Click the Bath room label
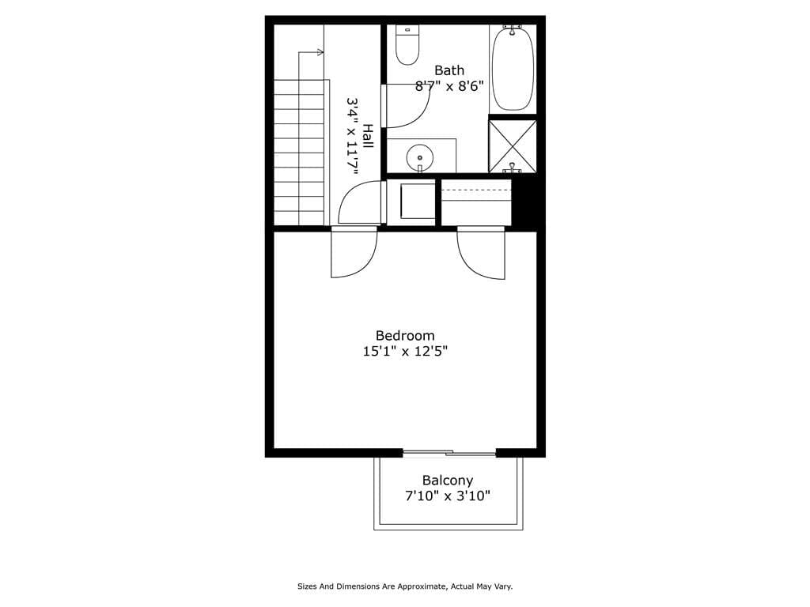[449, 70]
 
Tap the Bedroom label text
[405, 335]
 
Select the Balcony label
[448, 480]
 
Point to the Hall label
[368, 135]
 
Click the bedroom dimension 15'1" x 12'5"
[405, 352]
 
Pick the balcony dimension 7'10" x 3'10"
[448, 496]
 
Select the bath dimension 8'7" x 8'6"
[449, 86]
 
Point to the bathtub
[513, 68]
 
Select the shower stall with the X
[513, 145]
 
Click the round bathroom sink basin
[420, 158]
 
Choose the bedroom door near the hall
[353, 253]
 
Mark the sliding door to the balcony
[449, 454]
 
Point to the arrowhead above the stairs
[320, 52]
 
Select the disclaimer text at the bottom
[405, 586]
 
